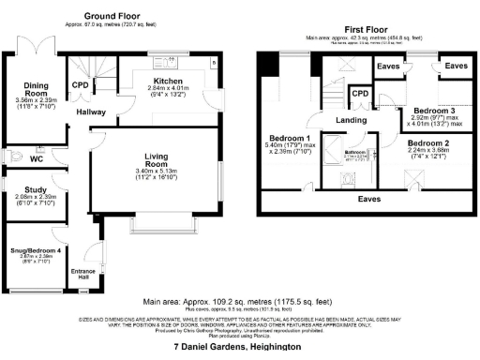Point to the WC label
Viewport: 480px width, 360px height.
(x=37, y=160)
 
